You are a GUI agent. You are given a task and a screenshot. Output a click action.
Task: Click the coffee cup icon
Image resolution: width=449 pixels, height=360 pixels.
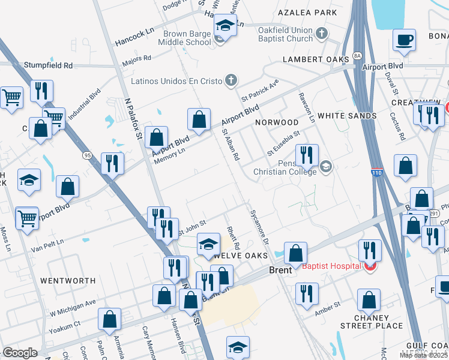pos(405,40)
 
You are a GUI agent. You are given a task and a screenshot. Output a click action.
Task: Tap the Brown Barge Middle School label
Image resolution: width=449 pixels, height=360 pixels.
pos(185,38)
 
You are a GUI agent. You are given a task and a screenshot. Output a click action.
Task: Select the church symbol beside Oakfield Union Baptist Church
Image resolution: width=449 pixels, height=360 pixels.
pos(322,34)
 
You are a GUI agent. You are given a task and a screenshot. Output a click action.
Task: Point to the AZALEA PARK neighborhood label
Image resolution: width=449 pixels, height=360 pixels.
pos(308,13)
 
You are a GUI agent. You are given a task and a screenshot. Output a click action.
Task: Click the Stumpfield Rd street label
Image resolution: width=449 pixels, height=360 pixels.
pos(48,65)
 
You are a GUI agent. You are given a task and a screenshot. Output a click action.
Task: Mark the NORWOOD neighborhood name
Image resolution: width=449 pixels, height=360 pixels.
pos(276,122)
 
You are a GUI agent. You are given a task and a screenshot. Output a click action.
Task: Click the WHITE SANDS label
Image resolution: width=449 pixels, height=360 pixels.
pos(346,115)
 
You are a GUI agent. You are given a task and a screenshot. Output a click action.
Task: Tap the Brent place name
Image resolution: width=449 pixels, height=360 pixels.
pos(280,270)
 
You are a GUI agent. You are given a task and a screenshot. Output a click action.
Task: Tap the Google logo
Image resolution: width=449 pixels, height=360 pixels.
pos(20,353)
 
